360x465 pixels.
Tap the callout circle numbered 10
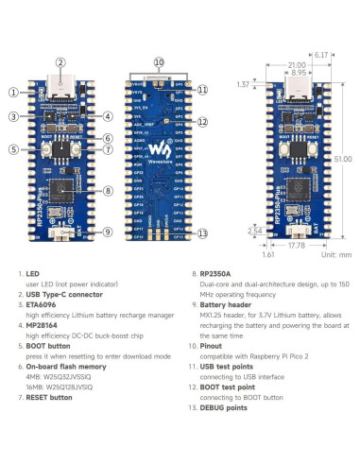click(159, 62)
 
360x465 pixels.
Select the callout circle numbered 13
click(202, 233)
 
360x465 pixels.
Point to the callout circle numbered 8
click(107, 191)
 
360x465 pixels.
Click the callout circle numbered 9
click(107, 232)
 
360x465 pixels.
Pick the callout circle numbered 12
click(202, 122)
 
